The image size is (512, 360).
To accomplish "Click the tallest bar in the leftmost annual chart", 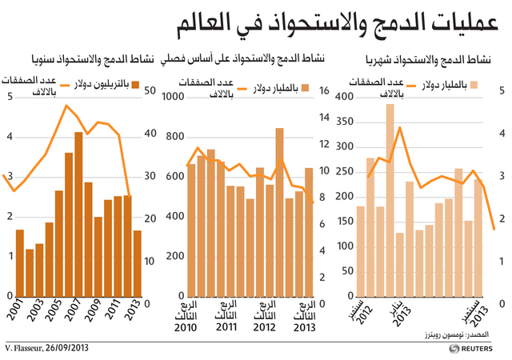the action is pyautogui.click(x=78, y=214).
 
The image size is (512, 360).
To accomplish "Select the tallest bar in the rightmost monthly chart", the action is pyautogui.click(x=390, y=200).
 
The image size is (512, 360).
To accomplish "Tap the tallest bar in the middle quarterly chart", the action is pyautogui.click(x=279, y=212).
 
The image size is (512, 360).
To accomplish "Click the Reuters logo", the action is pyautogui.click(x=470, y=349).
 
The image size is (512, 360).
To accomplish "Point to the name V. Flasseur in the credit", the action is pyautogui.click(x=23, y=347).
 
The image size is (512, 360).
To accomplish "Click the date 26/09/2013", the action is pyautogui.click(x=67, y=347).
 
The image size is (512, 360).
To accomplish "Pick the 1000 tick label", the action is pyautogui.click(x=173, y=97).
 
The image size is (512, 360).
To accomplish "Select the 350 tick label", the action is pyautogui.click(x=345, y=122).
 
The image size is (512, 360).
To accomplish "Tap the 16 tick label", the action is pyautogui.click(x=324, y=90).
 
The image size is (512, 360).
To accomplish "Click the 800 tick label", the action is pyautogui.click(x=175, y=137).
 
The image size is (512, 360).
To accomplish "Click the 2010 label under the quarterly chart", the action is pyautogui.click(x=186, y=327).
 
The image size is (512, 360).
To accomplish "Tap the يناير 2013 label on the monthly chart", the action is pyautogui.click(x=400, y=313).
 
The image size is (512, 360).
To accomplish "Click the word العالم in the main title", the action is pyautogui.click(x=203, y=26).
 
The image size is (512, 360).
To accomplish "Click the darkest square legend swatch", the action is pyautogui.click(x=135, y=85).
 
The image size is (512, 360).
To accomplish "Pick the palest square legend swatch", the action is pyautogui.click(x=474, y=85).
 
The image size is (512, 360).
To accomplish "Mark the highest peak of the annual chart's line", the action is pyautogui.click(x=66, y=106).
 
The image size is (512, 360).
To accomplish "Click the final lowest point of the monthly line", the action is pyautogui.click(x=494, y=230).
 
